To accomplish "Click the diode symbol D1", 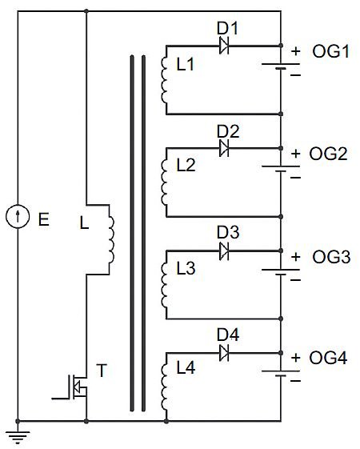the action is tap(224, 46).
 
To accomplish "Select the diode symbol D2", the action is tap(224, 148).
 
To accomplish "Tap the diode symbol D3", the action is tap(224, 251).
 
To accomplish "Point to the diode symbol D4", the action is tap(224, 353).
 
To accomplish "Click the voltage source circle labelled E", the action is tap(18, 216).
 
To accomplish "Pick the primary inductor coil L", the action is tap(111, 239).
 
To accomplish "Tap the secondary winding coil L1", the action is tap(164, 80).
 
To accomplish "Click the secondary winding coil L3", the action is tap(164, 285).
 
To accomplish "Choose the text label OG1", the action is tap(331, 52).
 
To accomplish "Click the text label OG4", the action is tap(328, 358).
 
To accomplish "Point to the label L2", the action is tap(186, 165).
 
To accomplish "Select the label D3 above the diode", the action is tap(228, 232).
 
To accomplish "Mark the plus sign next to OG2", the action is tap(296, 154).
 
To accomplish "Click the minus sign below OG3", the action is tap(296, 279).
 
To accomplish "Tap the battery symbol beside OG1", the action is tap(281, 66).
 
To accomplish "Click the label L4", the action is tap(186, 368).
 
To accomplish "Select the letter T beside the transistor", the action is tap(102, 371).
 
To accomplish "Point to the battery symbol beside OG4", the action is tap(281, 374).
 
